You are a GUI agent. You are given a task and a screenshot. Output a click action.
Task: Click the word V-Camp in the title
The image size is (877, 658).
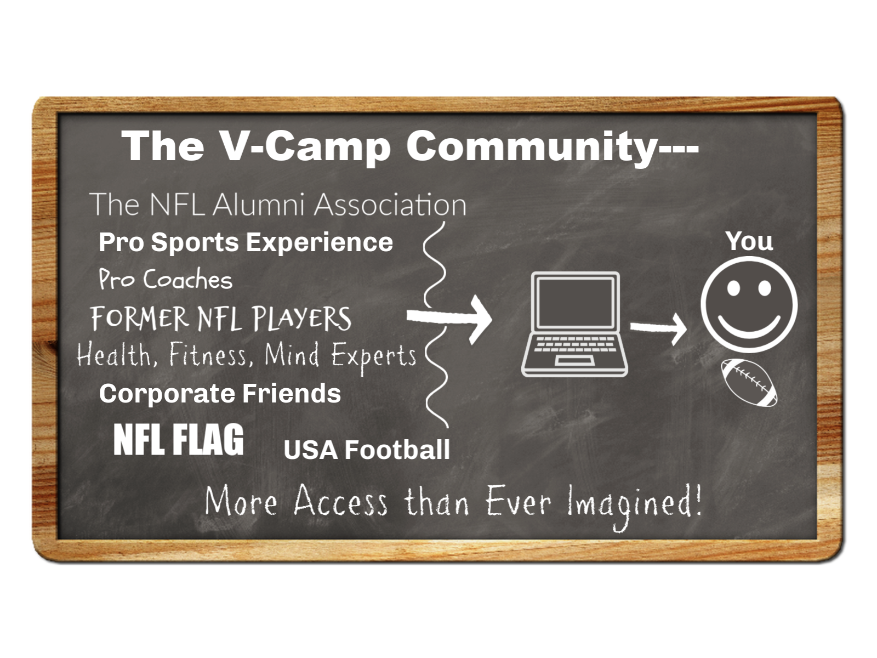(305, 146)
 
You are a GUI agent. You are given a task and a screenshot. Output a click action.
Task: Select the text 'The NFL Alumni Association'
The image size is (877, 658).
(278, 204)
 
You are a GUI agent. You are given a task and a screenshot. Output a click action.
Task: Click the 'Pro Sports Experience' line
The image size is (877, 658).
(246, 242)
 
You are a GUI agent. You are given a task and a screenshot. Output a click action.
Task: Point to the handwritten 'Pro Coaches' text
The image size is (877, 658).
(166, 279)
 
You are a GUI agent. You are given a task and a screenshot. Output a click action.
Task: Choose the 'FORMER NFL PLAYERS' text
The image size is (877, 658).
(221, 319)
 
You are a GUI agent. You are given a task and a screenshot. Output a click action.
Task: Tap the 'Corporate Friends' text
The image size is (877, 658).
(220, 394)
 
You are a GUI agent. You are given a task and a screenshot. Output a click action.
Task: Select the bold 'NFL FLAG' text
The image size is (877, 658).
(179, 439)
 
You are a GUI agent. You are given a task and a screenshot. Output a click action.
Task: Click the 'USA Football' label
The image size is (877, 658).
(367, 450)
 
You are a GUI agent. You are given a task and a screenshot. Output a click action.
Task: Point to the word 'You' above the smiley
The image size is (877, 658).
(749, 241)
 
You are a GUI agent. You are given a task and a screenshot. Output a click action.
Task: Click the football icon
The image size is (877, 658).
(749, 383)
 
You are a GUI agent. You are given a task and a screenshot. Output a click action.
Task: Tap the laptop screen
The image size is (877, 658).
(576, 303)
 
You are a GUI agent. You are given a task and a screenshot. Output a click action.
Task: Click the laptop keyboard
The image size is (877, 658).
(575, 344)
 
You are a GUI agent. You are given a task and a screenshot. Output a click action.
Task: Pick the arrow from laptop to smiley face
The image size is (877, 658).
(658, 329)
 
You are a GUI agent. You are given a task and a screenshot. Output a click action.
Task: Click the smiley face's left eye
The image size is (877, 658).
(733, 288)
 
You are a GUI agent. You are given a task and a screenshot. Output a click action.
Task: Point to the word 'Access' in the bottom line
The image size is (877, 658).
(340, 501)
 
